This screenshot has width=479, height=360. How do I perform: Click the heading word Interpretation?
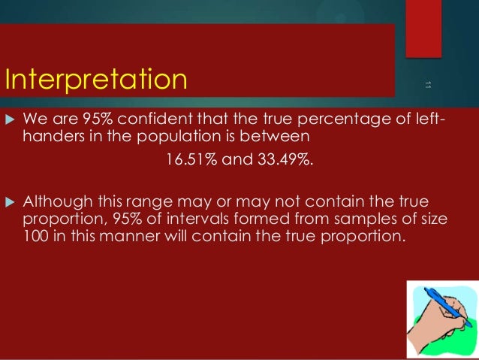(95, 78)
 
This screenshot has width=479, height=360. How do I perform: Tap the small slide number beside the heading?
(427, 83)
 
